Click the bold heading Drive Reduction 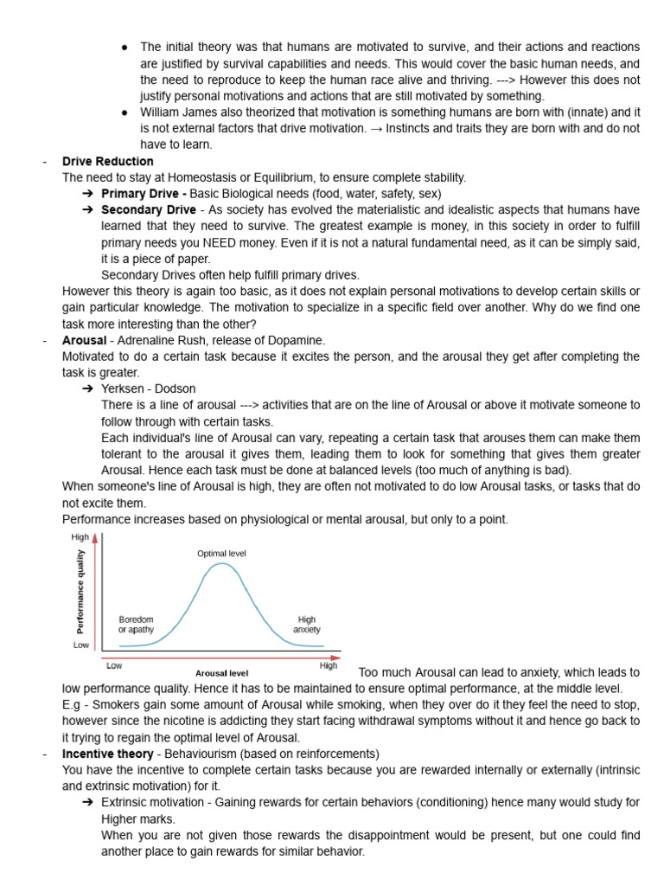pyautogui.click(x=107, y=161)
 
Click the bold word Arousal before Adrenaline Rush pyautogui.click(x=84, y=340)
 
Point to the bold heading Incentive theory pyautogui.click(x=107, y=754)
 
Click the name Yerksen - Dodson pyautogui.click(x=149, y=388)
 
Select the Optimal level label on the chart pyautogui.click(x=221, y=553)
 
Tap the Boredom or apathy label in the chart pyautogui.click(x=136, y=625)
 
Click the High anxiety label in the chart pyautogui.click(x=306, y=625)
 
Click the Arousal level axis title pyautogui.click(x=221, y=672)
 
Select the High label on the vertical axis pyautogui.click(x=80, y=537)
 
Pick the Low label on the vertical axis pyautogui.click(x=81, y=645)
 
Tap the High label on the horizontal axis pyautogui.click(x=329, y=665)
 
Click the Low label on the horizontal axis pyautogui.click(x=114, y=665)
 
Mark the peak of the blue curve pyautogui.click(x=222, y=564)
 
